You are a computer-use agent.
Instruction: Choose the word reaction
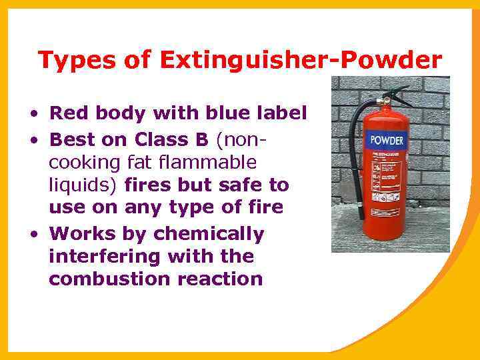coord(221,278)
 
